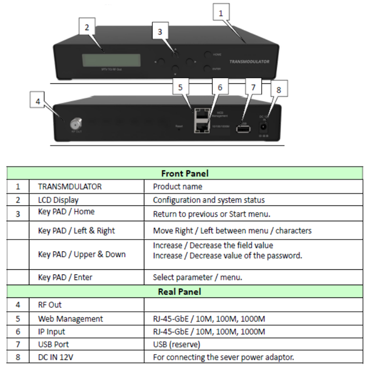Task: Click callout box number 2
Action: [x=87, y=27]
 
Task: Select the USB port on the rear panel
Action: [x=243, y=129]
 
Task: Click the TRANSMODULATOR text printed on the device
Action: [x=249, y=62]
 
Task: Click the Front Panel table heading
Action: [x=185, y=173]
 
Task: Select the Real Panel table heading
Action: [x=185, y=292]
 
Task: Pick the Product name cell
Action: [x=178, y=186]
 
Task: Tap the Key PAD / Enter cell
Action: [x=65, y=277]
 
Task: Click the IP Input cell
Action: [x=51, y=332]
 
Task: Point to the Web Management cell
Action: [x=71, y=319]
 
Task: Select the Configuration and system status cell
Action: [x=209, y=200]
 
